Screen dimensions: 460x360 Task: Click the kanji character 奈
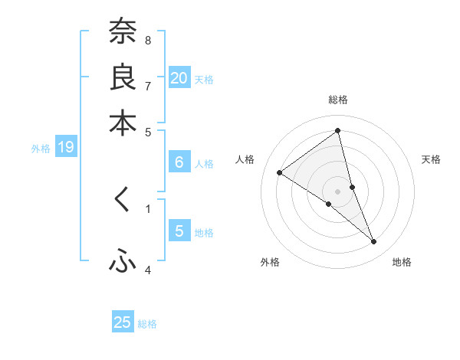click(x=123, y=31)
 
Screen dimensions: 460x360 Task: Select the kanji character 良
click(x=123, y=77)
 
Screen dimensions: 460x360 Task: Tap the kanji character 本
click(x=123, y=123)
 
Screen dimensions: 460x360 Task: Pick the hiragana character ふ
click(x=123, y=262)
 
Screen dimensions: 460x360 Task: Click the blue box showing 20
click(x=179, y=78)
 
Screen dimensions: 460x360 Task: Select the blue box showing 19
click(x=66, y=147)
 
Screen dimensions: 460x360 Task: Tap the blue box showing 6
click(x=179, y=162)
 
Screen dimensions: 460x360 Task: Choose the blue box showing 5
click(x=179, y=231)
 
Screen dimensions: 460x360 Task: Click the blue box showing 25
click(x=123, y=322)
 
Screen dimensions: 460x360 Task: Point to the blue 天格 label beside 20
click(x=204, y=79)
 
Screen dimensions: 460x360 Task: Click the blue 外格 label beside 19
click(x=40, y=149)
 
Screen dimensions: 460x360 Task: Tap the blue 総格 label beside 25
click(x=147, y=324)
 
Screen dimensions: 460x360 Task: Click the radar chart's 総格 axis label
click(x=337, y=100)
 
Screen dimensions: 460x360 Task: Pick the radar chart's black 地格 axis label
click(x=402, y=262)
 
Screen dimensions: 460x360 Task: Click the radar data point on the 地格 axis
click(x=374, y=241)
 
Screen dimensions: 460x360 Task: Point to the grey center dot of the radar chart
click(x=337, y=191)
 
